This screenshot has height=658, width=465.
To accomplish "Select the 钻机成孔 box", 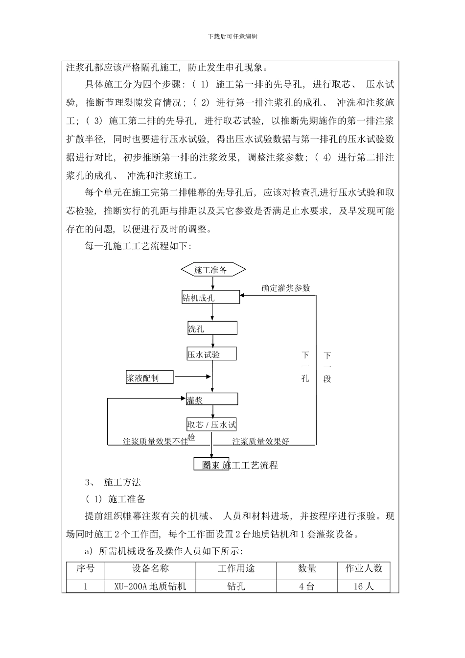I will pyautogui.click(x=211, y=297).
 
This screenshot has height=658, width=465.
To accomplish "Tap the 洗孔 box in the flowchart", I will pyautogui.click(x=212, y=329).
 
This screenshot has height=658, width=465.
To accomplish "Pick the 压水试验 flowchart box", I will pyautogui.click(x=211, y=354).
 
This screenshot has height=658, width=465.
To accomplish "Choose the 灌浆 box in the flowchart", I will pyautogui.click(x=212, y=399).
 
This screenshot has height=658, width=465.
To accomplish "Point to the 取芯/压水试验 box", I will pyautogui.click(x=211, y=425).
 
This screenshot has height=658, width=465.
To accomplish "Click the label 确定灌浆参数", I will pyautogui.click(x=286, y=288).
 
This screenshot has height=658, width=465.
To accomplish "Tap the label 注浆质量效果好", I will pyautogui.click(x=261, y=441).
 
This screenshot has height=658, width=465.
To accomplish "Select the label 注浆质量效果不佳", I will pyautogui.click(x=155, y=441).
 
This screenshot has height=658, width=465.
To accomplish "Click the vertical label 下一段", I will pyautogui.click(x=327, y=367).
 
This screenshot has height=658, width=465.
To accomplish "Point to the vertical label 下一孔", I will pyautogui.click(x=305, y=367).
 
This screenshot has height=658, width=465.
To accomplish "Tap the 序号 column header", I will pyautogui.click(x=85, y=569).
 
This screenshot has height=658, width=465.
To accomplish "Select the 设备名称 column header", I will pyautogui.click(x=150, y=569).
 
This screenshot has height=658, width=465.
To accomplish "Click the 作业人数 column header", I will pyautogui.click(x=364, y=569).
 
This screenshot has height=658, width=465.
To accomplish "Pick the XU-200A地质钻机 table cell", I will pyautogui.click(x=150, y=586).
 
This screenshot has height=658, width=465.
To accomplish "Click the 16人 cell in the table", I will pyautogui.click(x=364, y=586).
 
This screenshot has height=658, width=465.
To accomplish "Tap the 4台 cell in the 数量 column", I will pyautogui.click(x=307, y=586).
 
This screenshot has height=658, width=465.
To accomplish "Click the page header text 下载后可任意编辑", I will pyautogui.click(x=232, y=37).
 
